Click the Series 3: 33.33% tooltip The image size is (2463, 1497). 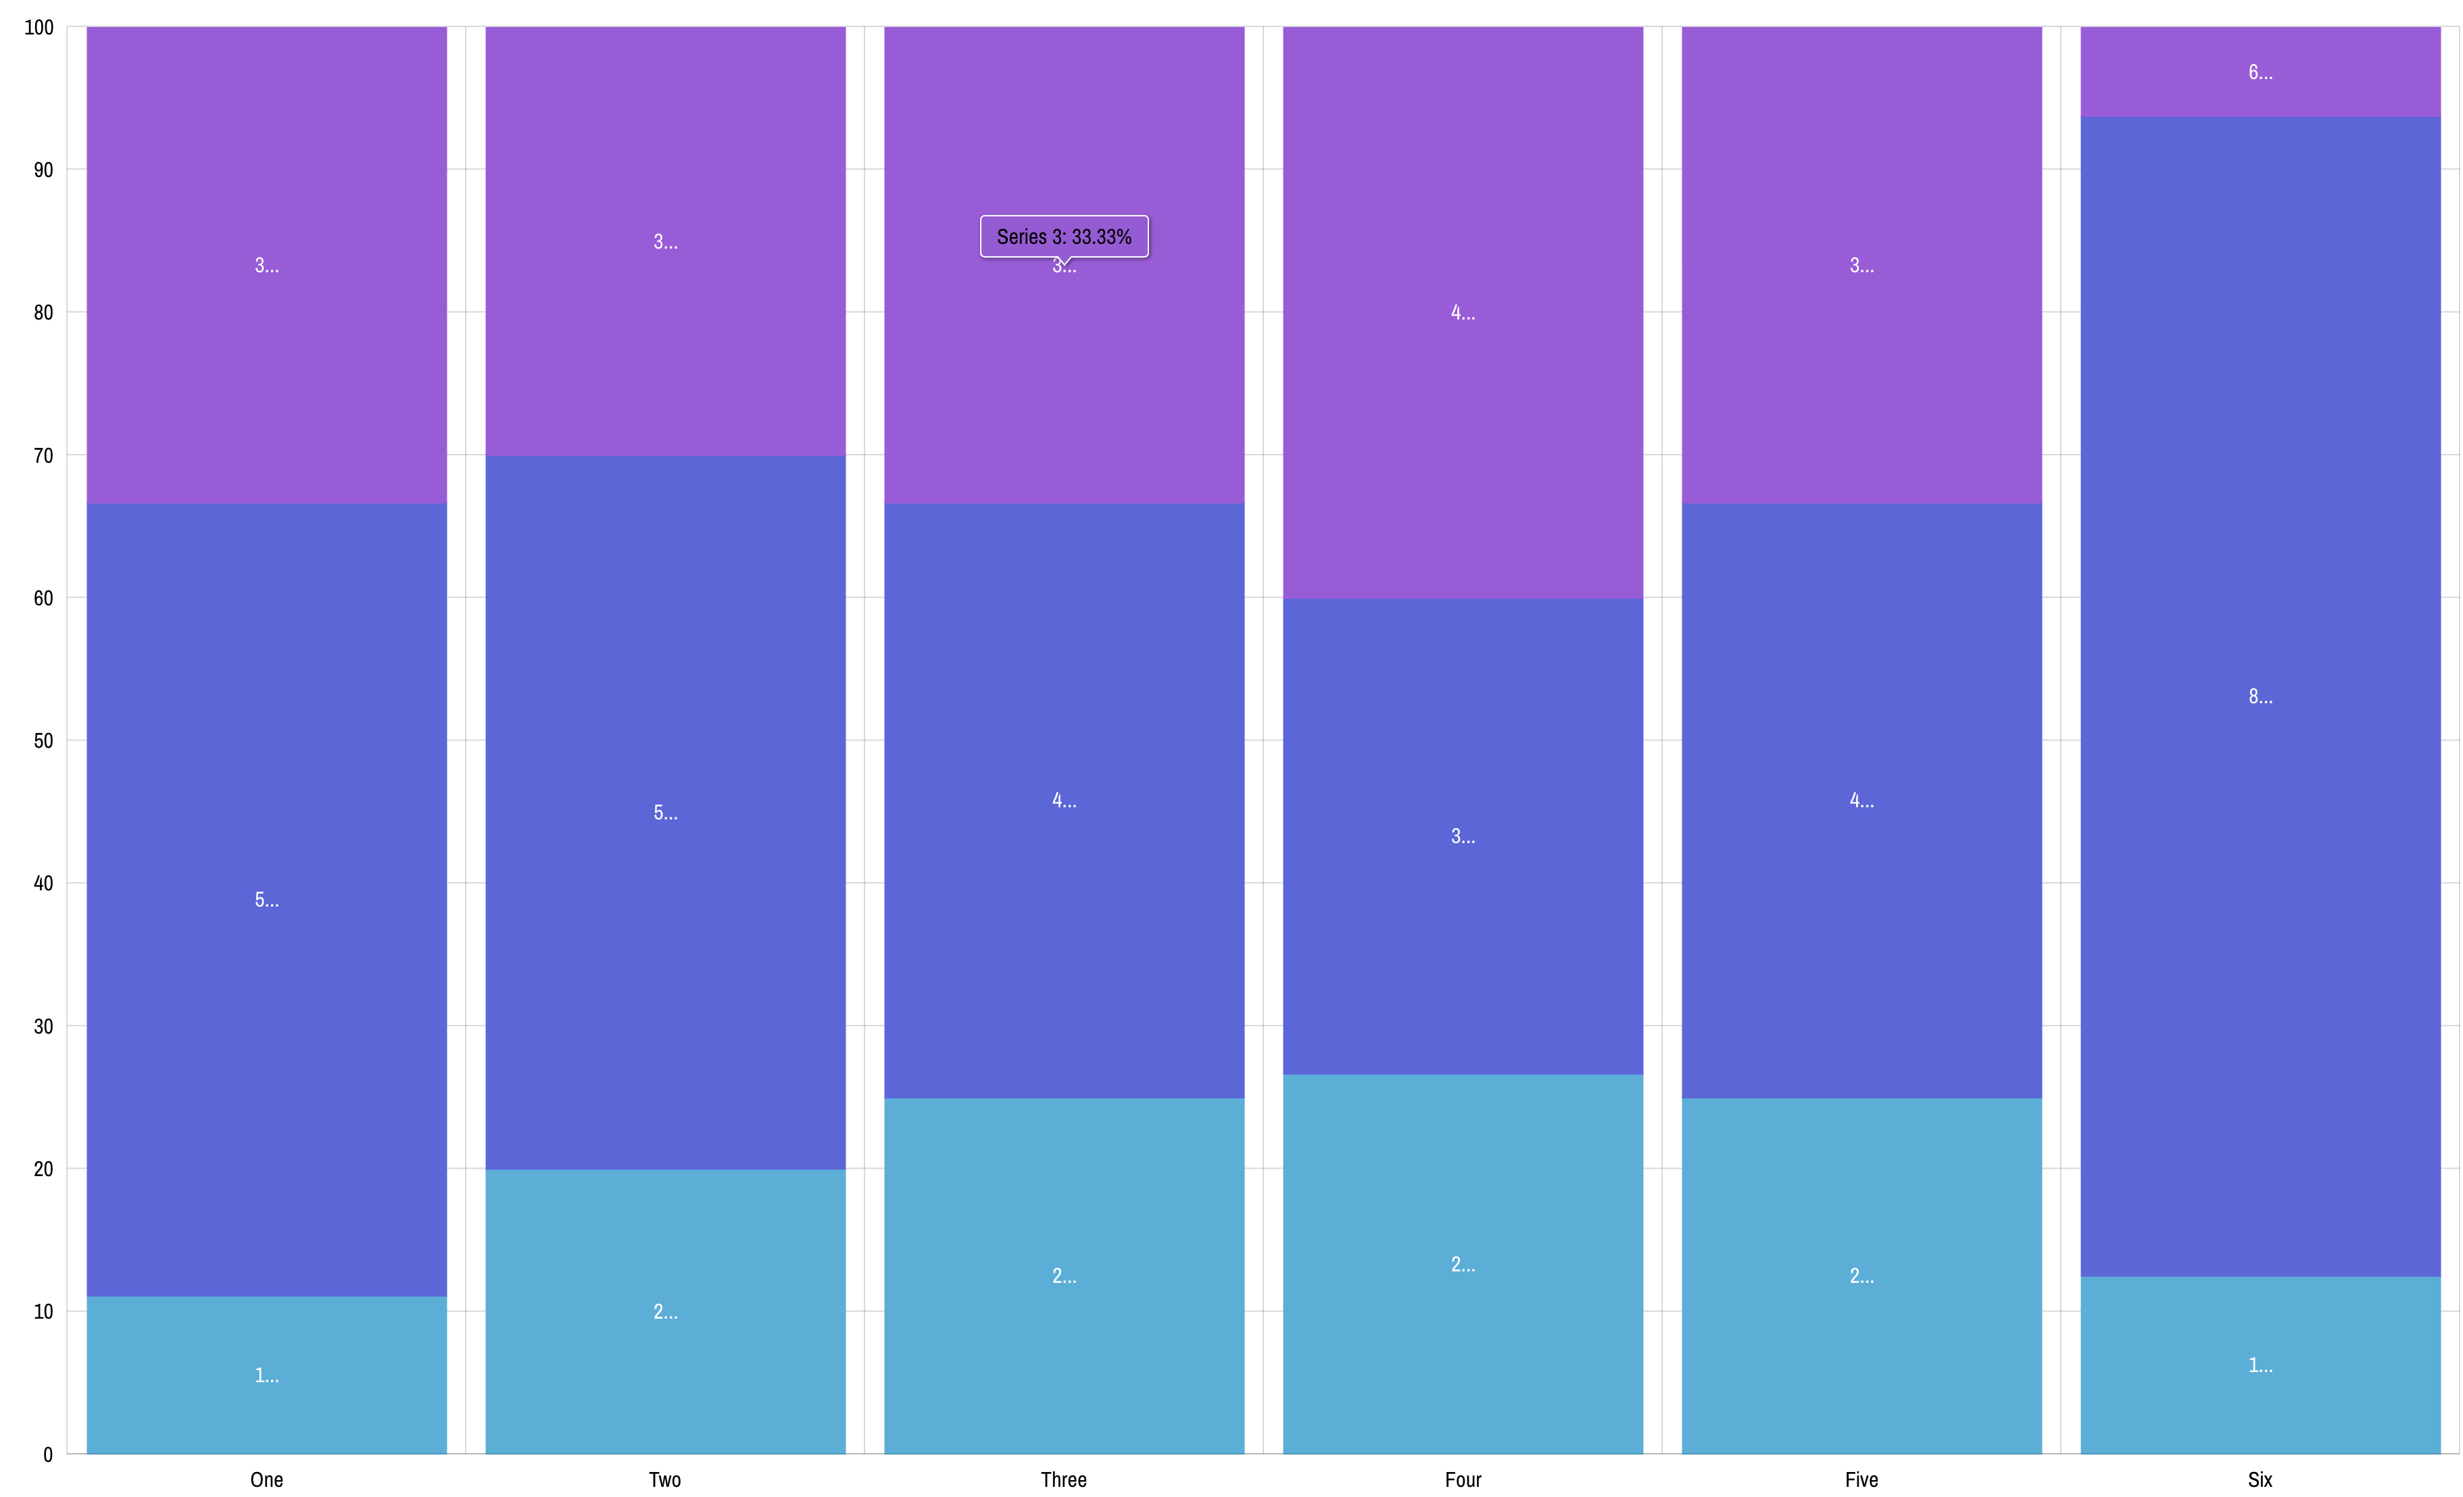pyautogui.click(x=1064, y=237)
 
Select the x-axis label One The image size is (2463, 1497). pyautogui.click(x=266, y=1479)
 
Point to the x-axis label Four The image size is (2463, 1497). pyautogui.click(x=1463, y=1479)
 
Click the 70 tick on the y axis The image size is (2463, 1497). pyautogui.click(x=43, y=456)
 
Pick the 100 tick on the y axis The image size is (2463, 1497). pyautogui.click(x=39, y=28)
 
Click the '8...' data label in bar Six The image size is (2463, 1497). pyautogui.click(x=2260, y=696)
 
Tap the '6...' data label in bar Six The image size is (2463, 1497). pyautogui.click(x=2260, y=72)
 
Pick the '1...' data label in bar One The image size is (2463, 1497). pyautogui.click(x=266, y=1375)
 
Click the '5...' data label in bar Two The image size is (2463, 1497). pyautogui.click(x=664, y=813)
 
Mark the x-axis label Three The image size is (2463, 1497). pyautogui.click(x=1064, y=1479)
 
